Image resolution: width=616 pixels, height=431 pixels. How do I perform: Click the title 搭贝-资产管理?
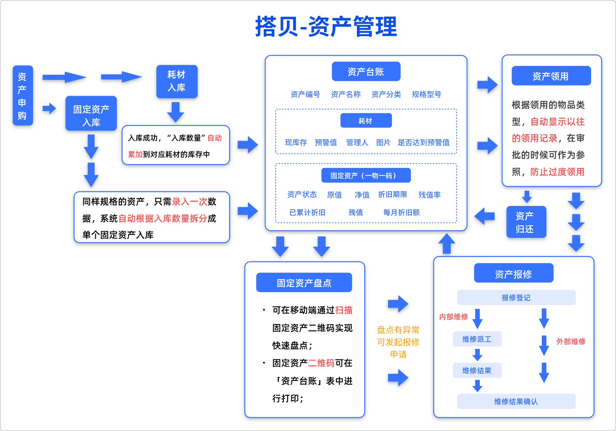pyautogui.click(x=326, y=27)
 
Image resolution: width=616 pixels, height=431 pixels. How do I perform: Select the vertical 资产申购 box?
pyautogui.click(x=22, y=95)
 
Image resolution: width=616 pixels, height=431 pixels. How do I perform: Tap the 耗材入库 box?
pyautogui.click(x=177, y=81)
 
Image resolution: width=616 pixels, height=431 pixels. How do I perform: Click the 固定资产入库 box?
pyautogui.click(x=91, y=114)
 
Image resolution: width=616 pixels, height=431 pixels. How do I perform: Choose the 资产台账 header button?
pyautogui.click(x=366, y=72)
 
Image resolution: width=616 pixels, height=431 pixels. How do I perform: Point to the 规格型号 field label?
pyautogui.click(x=426, y=94)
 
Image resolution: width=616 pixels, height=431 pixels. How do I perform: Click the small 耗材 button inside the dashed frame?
pyautogui.click(x=366, y=121)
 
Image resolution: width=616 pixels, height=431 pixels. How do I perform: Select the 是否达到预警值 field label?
pyautogui.click(x=423, y=142)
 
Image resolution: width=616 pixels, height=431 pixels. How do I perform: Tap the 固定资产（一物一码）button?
pyautogui.click(x=366, y=175)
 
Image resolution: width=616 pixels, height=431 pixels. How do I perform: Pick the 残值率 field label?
pyautogui.click(x=429, y=195)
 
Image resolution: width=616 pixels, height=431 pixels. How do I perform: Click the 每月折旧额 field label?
pyautogui.click(x=401, y=213)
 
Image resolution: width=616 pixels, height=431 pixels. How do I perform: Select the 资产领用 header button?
pyautogui.click(x=551, y=76)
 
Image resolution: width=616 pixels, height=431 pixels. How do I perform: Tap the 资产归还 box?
pyautogui.click(x=526, y=222)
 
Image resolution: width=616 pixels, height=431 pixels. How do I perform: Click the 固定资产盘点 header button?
pyautogui.click(x=304, y=283)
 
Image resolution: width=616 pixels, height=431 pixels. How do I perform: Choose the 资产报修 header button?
pyautogui.click(x=513, y=274)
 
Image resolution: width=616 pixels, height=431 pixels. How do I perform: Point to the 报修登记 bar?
pyautogui.click(x=516, y=298)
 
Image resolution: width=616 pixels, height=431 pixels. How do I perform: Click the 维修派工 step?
pyautogui.click(x=477, y=339)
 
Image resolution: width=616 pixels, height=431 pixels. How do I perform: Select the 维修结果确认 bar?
pyautogui.click(x=516, y=402)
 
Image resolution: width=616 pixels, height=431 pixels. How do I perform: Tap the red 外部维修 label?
pyautogui.click(x=571, y=341)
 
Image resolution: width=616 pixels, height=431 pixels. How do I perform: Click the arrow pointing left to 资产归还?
pyautogui.click(x=485, y=216)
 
